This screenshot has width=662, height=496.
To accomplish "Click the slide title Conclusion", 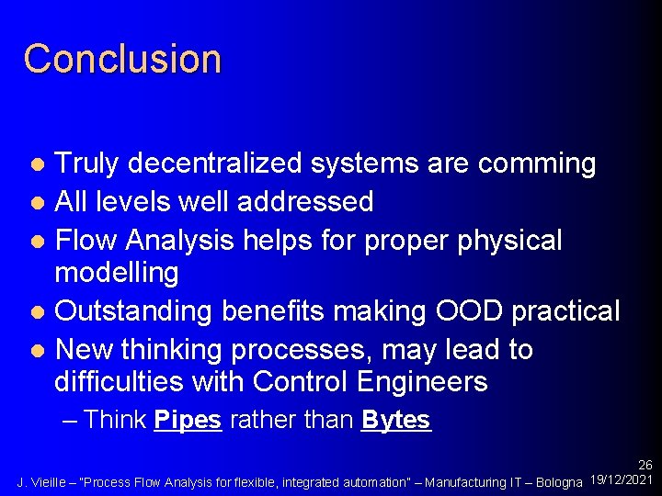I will [122, 59].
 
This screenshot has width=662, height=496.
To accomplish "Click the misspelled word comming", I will [543, 163].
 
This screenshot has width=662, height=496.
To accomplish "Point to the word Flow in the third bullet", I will [87, 240].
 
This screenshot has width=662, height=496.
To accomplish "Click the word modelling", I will [117, 273].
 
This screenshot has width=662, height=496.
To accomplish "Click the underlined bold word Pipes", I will [188, 421].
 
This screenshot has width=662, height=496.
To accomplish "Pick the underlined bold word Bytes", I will [395, 421].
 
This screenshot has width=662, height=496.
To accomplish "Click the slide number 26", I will [645, 466].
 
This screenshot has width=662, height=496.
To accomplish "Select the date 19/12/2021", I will [622, 480].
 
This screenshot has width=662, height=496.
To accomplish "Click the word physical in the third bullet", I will [508, 240].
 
